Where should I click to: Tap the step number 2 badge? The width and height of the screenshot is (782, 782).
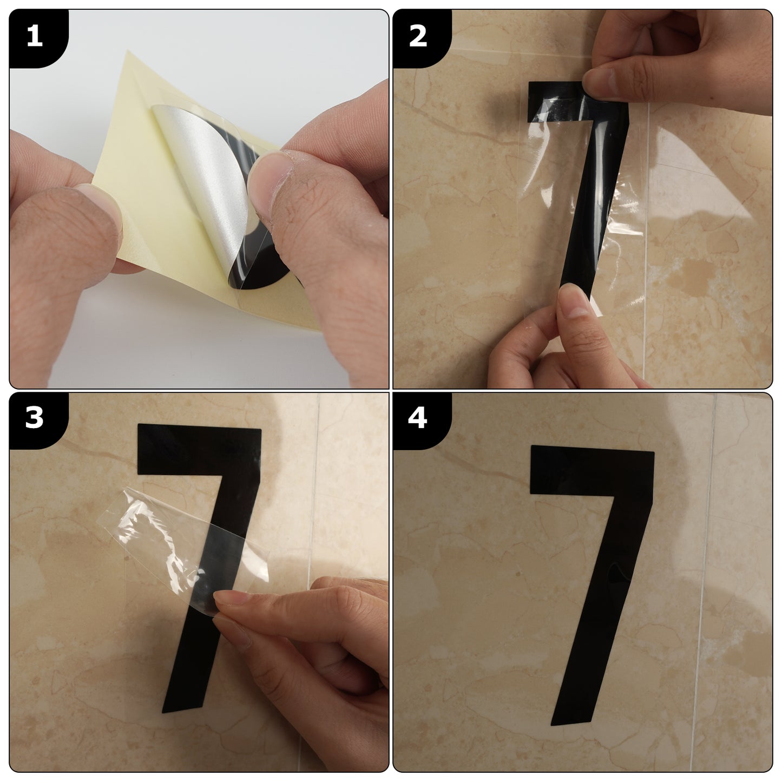pos(418,37)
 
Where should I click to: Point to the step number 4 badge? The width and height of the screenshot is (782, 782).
pos(418,419)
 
